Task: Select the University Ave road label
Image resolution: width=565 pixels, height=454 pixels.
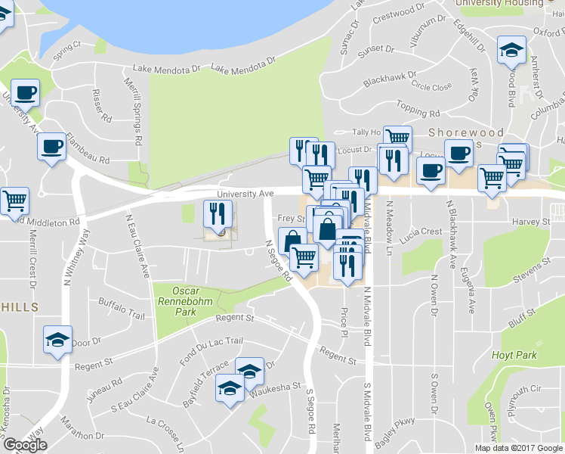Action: pos(245,194)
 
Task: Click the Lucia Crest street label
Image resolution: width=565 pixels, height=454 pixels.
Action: pos(421,232)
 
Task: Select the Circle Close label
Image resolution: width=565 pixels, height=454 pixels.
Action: pos(431,87)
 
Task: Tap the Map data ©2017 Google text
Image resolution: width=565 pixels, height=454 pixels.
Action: pos(518,448)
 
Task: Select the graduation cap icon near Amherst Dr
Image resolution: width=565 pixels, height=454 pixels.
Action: pos(511,51)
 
